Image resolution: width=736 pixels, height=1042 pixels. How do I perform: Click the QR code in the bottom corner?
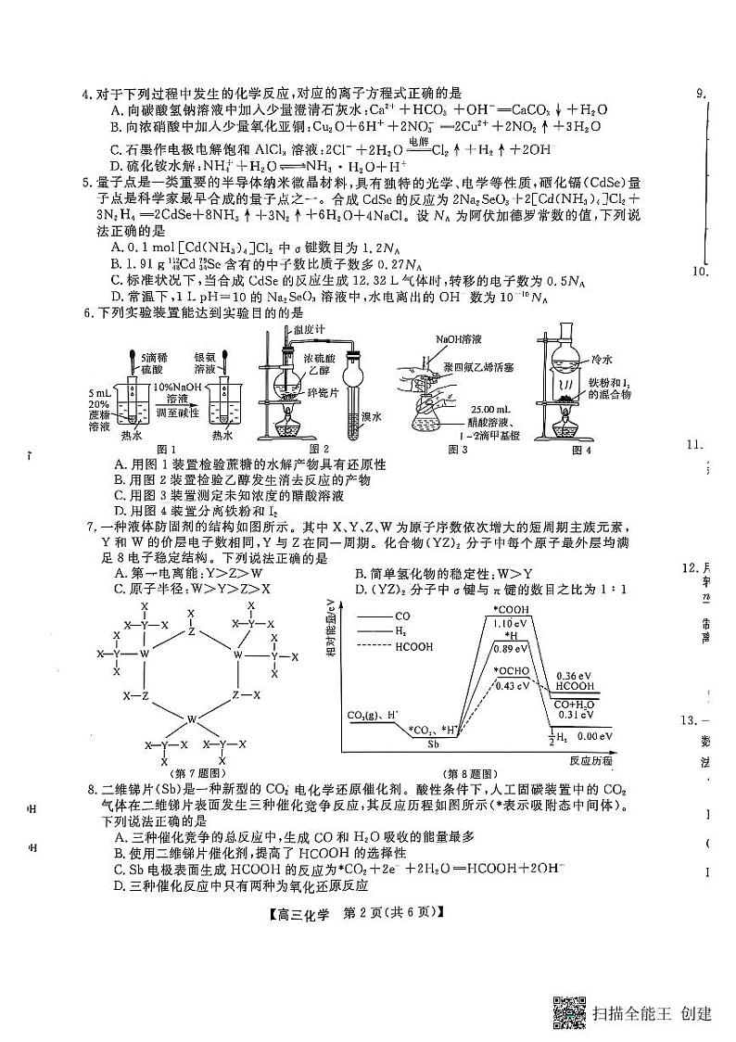point(569,1013)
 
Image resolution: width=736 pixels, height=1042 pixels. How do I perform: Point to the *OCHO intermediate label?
point(511,671)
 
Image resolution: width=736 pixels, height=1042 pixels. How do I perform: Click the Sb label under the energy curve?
point(434,743)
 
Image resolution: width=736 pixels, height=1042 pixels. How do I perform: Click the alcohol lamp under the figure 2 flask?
point(286,428)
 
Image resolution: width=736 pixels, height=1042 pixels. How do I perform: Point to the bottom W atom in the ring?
point(192,718)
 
